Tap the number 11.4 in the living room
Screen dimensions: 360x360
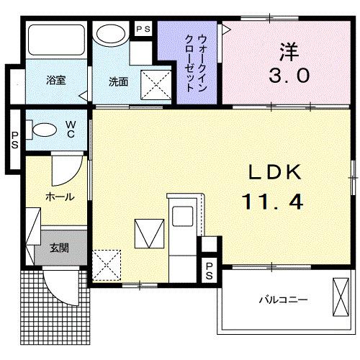(x=272, y=202)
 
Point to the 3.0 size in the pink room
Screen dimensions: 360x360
(x=291, y=74)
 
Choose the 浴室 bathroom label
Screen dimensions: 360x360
(x=57, y=80)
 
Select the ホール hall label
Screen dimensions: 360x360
(x=59, y=195)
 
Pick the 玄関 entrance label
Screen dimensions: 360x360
(x=59, y=248)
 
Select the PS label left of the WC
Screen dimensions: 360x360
(x=14, y=139)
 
